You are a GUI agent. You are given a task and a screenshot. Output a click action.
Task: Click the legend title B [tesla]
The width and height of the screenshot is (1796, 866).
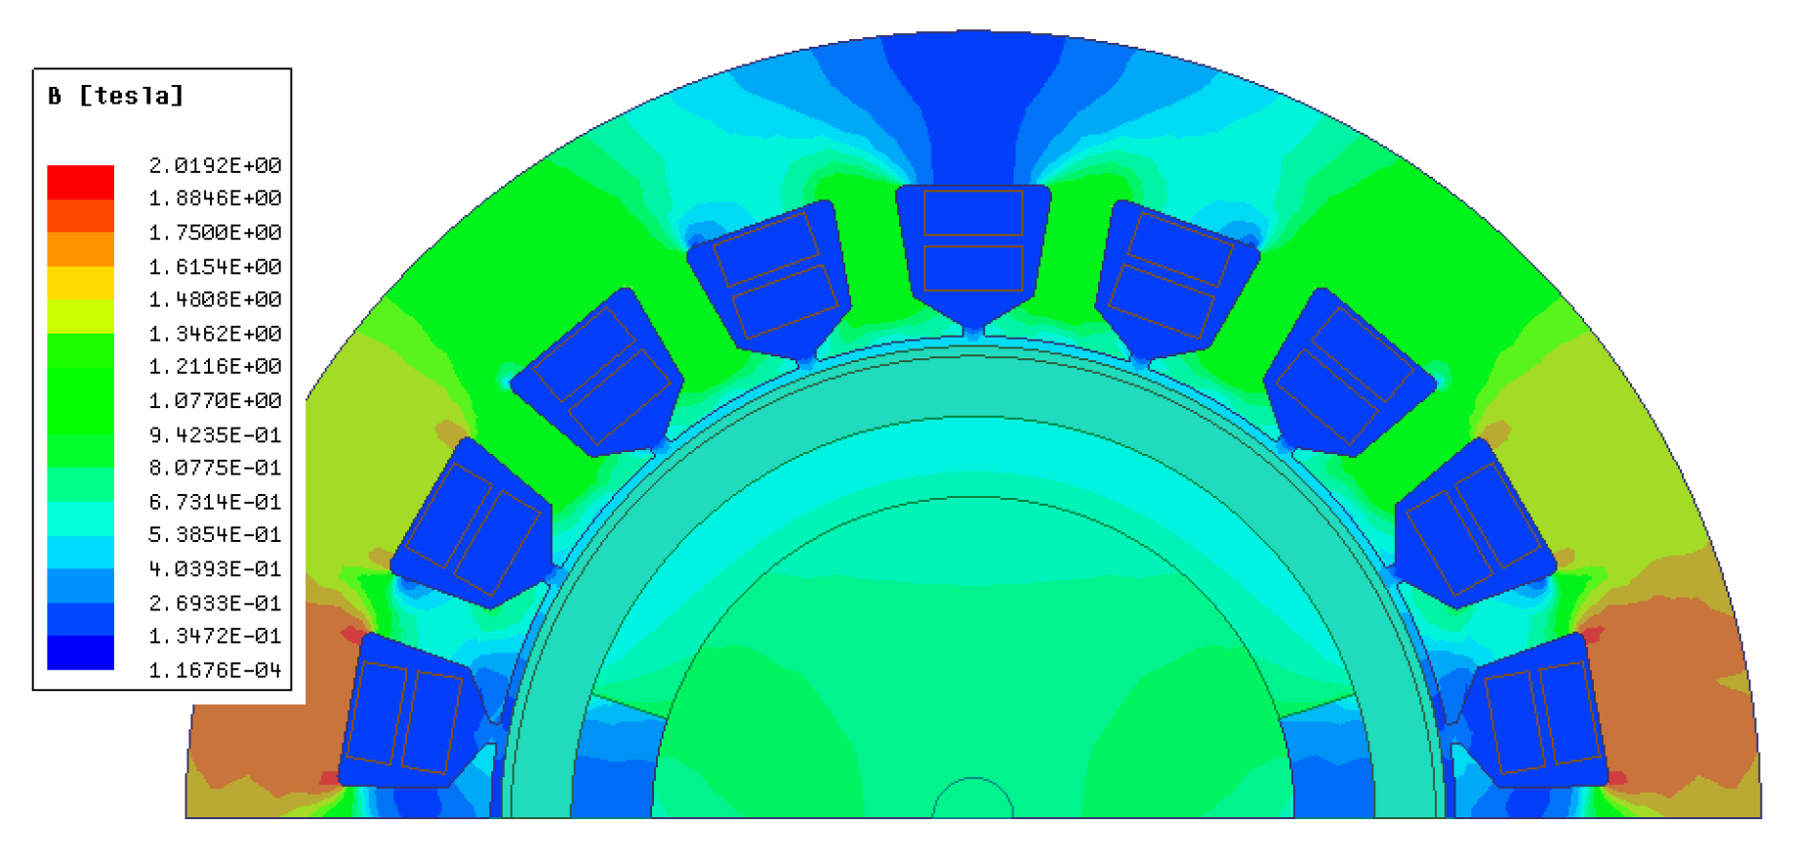tap(115, 96)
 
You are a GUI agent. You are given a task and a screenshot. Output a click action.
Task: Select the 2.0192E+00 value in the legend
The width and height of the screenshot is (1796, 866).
tap(215, 165)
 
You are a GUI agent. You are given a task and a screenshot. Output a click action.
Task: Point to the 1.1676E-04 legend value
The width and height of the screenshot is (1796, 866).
tap(215, 670)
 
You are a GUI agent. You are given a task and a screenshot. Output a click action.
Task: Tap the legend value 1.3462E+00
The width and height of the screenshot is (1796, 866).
tap(215, 333)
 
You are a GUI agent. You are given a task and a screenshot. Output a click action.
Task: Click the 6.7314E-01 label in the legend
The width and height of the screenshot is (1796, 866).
tap(215, 502)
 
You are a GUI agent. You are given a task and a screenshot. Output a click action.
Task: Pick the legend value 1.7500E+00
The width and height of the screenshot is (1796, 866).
tap(215, 232)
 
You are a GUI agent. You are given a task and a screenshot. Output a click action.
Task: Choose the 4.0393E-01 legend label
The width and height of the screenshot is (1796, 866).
tap(215, 568)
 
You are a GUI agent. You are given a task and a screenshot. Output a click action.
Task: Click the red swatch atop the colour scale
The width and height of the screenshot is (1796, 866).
tap(81, 182)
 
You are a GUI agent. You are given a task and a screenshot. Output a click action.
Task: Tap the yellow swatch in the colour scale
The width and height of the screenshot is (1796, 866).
tap(81, 283)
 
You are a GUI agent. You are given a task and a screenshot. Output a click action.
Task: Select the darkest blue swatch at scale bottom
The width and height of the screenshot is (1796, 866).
tap(81, 653)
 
